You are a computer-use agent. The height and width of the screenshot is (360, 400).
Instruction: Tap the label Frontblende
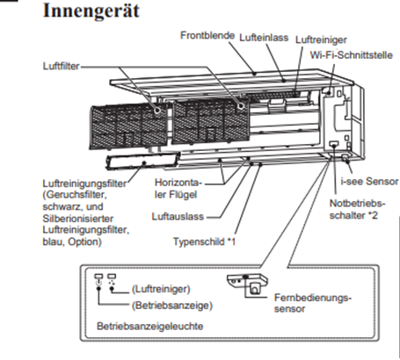(207, 36)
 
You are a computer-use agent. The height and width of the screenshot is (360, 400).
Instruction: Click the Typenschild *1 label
(206, 239)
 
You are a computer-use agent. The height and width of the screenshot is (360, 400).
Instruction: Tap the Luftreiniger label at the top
(321, 40)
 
